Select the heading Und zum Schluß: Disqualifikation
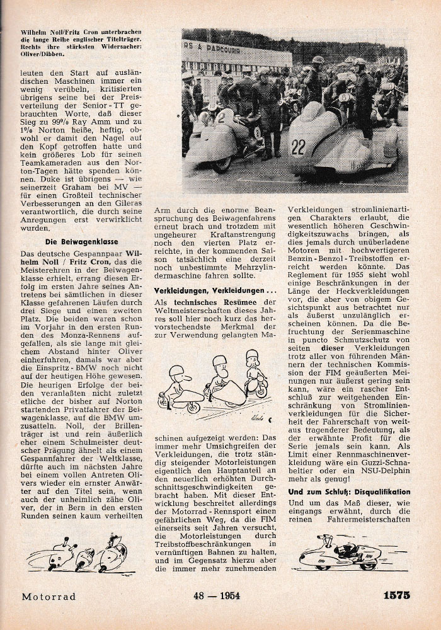[349, 491]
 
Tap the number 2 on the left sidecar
[221, 116]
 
